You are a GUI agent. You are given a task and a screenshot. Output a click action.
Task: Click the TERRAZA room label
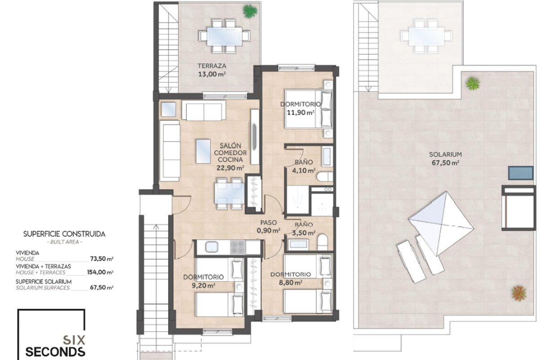coord(212,66)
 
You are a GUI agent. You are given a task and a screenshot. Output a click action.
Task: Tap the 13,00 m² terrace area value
coord(212,74)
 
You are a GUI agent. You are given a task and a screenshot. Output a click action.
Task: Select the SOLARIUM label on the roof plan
coord(445,154)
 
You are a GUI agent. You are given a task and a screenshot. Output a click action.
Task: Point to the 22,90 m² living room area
coord(230,168)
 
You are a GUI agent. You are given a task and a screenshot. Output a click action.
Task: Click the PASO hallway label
coord(269,223)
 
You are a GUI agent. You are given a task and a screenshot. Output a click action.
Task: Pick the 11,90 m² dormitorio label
coord(301,112)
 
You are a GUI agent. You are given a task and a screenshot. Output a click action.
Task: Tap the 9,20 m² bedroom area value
coord(203,285)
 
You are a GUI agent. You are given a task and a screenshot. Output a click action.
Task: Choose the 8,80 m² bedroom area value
coord(291,282)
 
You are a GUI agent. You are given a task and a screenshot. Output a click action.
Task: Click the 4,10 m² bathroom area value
coord(304,171)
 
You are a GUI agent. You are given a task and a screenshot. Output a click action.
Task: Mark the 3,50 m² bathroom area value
coord(304,233)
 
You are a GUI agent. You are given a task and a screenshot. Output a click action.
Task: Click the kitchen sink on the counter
coord(211,247)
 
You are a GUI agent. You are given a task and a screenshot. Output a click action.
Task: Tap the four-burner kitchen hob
coord(238,247)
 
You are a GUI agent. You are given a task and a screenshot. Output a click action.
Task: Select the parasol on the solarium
coord(441,224)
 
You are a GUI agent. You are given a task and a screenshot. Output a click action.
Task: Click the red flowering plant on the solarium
coord(519,293)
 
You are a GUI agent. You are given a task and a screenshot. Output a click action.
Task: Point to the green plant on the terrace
coord(250,11)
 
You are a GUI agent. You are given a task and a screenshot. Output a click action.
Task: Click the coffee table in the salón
coord(203,152)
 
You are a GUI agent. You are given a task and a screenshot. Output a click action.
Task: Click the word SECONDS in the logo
coord(55,352)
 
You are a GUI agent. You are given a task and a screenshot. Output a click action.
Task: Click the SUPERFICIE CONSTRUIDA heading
coord(64,234)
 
